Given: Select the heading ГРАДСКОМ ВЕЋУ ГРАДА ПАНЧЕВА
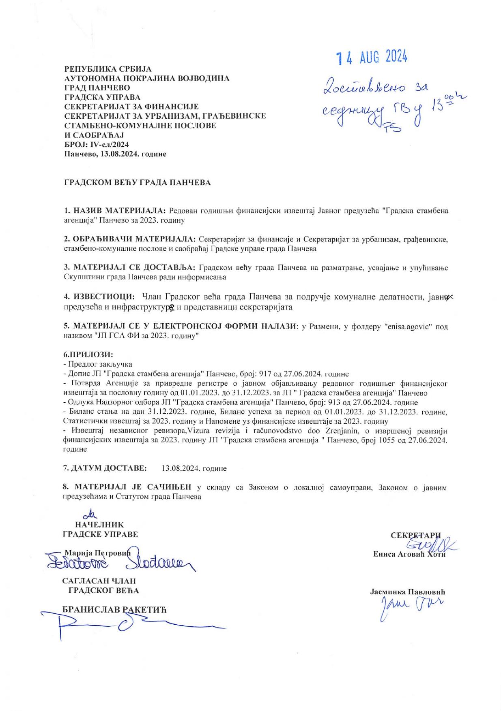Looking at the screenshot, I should tap(138, 183).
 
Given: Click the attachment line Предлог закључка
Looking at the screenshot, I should tap(100, 364).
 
